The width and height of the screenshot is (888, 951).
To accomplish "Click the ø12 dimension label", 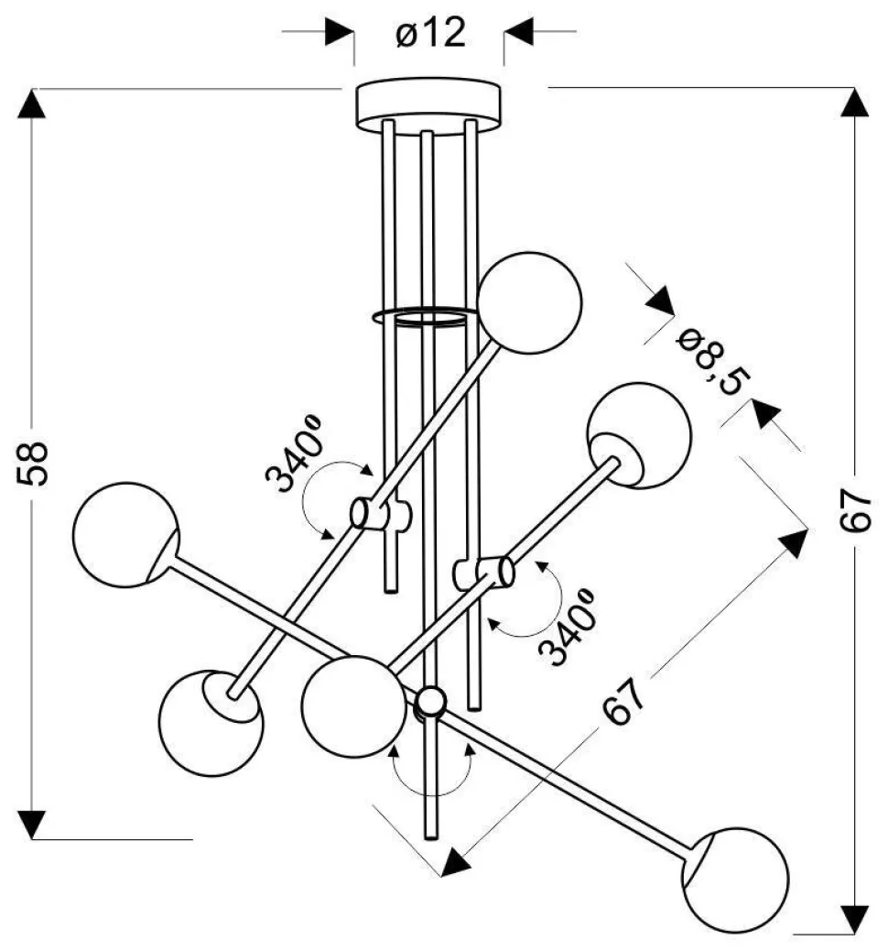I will click(431, 35).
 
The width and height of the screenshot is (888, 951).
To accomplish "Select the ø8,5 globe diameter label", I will click(707, 362).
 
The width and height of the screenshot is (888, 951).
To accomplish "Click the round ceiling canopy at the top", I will click(428, 101).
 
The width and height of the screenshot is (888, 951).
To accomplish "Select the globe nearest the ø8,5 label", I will click(639, 435).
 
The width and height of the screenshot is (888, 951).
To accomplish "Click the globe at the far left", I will click(125, 534).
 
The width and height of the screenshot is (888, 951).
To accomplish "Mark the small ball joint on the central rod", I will click(430, 703).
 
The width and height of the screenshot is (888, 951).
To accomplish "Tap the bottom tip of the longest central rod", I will click(430, 834).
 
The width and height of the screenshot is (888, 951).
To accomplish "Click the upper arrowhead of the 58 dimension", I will click(33, 103).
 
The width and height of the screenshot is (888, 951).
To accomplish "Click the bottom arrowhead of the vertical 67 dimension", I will click(854, 916).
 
